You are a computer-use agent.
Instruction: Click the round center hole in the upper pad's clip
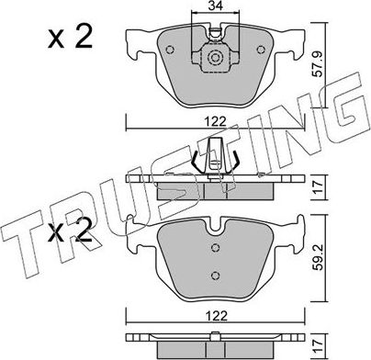215,62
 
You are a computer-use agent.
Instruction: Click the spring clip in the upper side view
214,159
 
